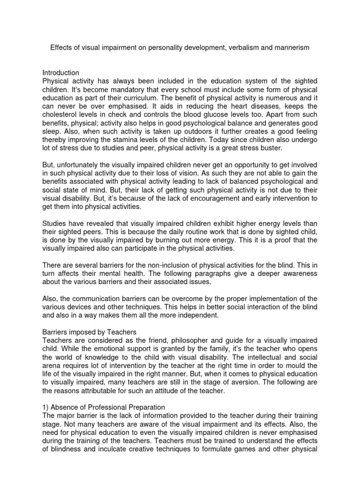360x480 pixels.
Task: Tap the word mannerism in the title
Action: [x=290, y=48]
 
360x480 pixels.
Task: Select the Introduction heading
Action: [x=61, y=73]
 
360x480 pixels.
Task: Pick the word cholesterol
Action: [x=63, y=114]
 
